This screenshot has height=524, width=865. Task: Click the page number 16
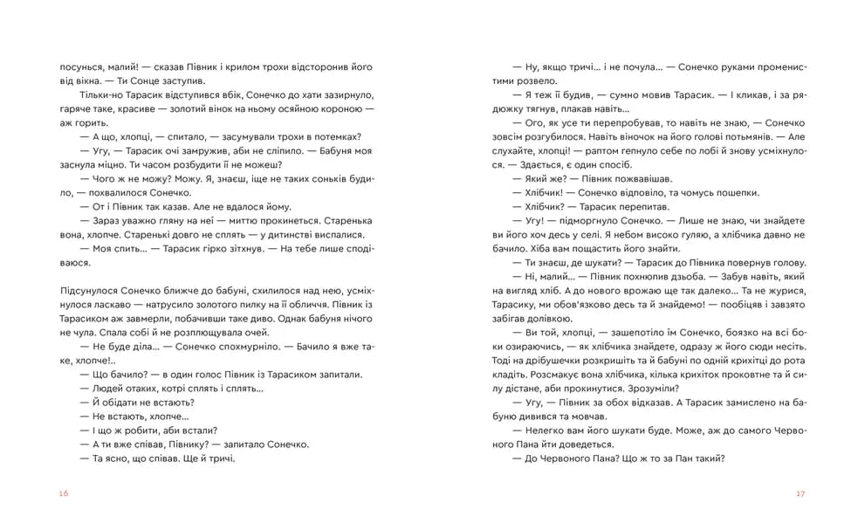[64, 493]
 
